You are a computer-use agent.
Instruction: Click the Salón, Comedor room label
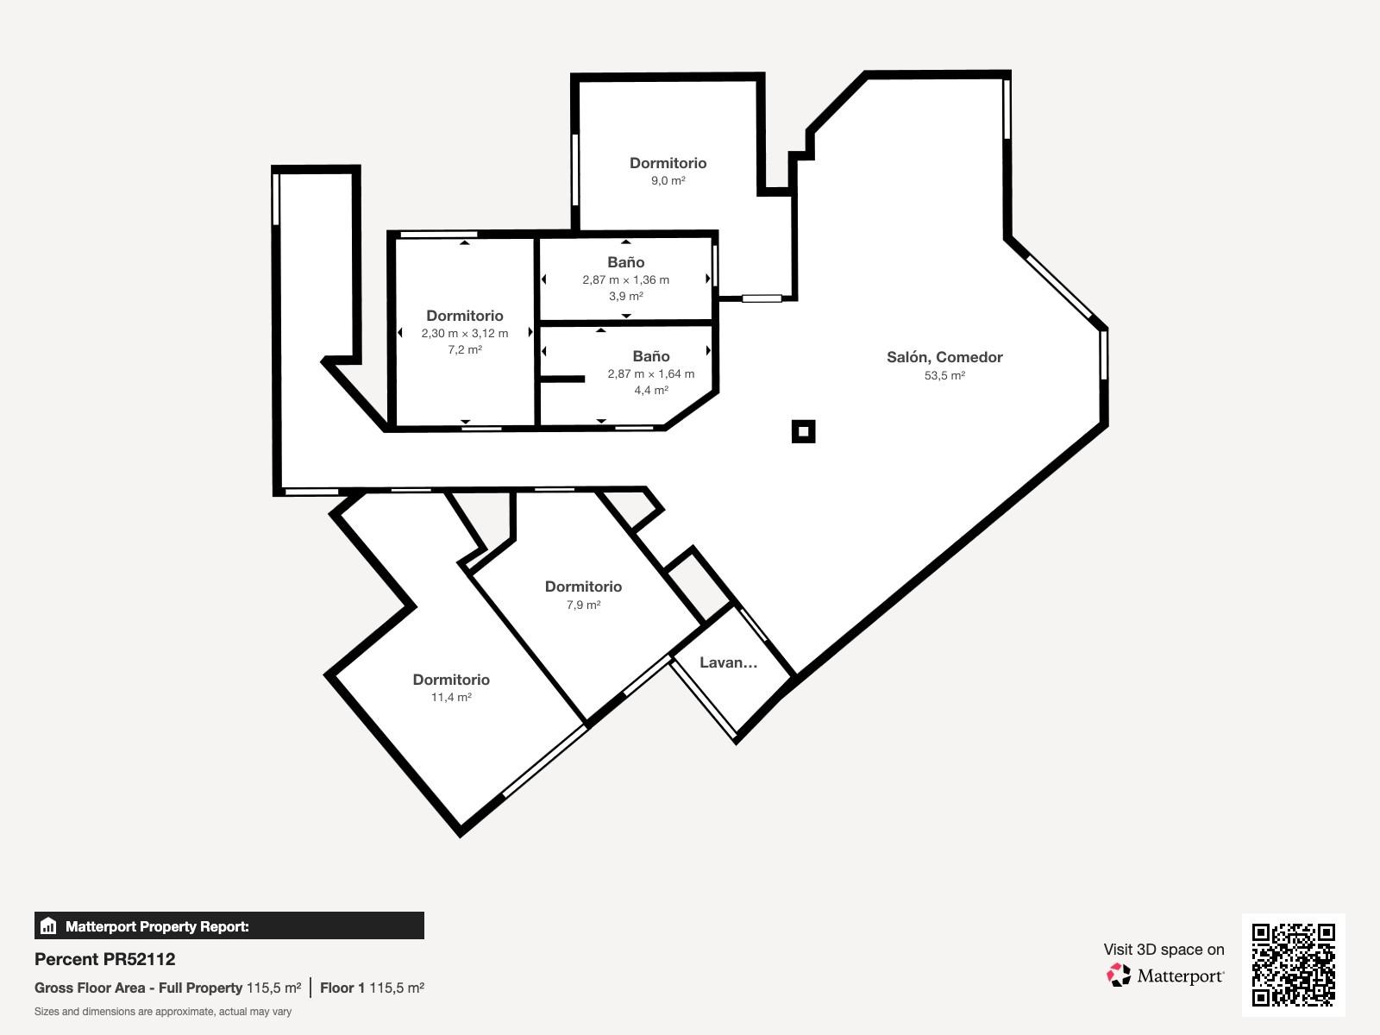(x=944, y=357)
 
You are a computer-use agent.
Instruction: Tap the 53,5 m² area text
(x=944, y=375)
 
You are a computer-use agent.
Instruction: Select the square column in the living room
(x=804, y=432)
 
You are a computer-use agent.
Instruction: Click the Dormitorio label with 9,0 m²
(x=668, y=163)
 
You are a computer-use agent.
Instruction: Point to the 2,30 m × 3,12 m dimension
(x=465, y=333)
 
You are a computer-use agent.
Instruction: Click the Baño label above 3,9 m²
(x=625, y=262)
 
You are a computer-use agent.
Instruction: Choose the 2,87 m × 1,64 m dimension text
(x=650, y=374)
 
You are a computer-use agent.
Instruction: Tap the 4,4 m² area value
(x=650, y=390)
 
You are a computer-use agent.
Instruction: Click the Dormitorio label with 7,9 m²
(x=583, y=586)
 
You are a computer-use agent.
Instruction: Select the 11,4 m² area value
(x=451, y=697)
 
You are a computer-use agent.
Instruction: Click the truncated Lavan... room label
(x=728, y=662)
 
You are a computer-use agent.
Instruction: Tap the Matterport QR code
(x=1293, y=965)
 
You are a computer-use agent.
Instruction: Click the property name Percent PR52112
(x=105, y=959)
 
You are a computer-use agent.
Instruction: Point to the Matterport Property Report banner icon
(x=48, y=925)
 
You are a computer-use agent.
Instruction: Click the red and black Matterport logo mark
(x=1119, y=975)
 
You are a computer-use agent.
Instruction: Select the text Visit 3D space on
(x=1164, y=950)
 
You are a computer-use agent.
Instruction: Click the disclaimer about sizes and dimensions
(x=163, y=1012)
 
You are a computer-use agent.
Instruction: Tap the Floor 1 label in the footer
(x=342, y=988)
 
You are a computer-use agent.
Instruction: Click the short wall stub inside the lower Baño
(x=562, y=379)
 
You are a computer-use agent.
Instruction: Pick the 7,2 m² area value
(x=465, y=349)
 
